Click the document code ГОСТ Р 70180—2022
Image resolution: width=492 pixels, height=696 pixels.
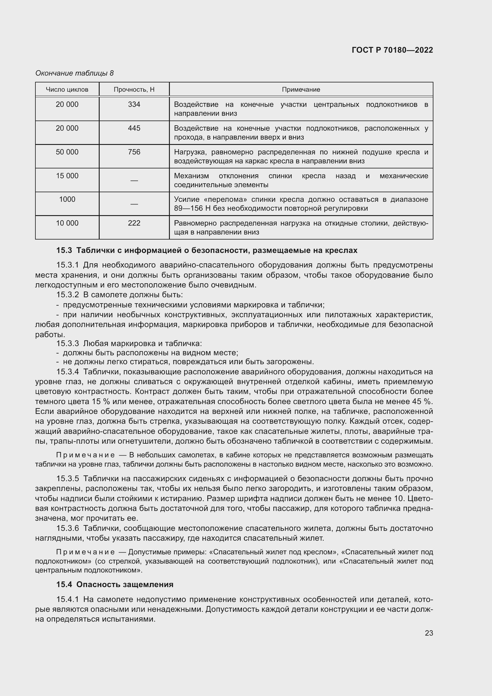point(392,50)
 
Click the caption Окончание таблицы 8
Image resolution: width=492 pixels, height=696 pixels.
point(75,73)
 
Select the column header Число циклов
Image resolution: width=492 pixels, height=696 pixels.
point(67,90)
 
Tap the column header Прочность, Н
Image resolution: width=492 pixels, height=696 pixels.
point(134,90)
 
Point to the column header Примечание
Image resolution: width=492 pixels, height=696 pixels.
point(301,90)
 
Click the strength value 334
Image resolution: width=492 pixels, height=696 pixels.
point(134,104)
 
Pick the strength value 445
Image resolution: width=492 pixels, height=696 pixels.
point(134,128)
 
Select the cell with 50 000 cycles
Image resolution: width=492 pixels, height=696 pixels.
point(67,152)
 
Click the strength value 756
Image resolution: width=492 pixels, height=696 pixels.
point(134,152)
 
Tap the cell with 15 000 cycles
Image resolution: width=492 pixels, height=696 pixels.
point(67,176)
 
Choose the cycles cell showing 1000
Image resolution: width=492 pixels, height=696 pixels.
point(67,199)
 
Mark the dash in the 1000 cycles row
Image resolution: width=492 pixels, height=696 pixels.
point(134,204)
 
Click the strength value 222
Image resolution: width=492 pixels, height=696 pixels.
point(134,223)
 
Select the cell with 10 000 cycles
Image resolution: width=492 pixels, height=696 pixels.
point(67,223)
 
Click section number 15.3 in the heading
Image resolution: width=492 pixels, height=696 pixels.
point(64,250)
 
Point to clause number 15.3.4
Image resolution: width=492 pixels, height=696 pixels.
point(68,372)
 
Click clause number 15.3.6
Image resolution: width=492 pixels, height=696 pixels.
point(68,528)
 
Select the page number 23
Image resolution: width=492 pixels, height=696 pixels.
point(429,633)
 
